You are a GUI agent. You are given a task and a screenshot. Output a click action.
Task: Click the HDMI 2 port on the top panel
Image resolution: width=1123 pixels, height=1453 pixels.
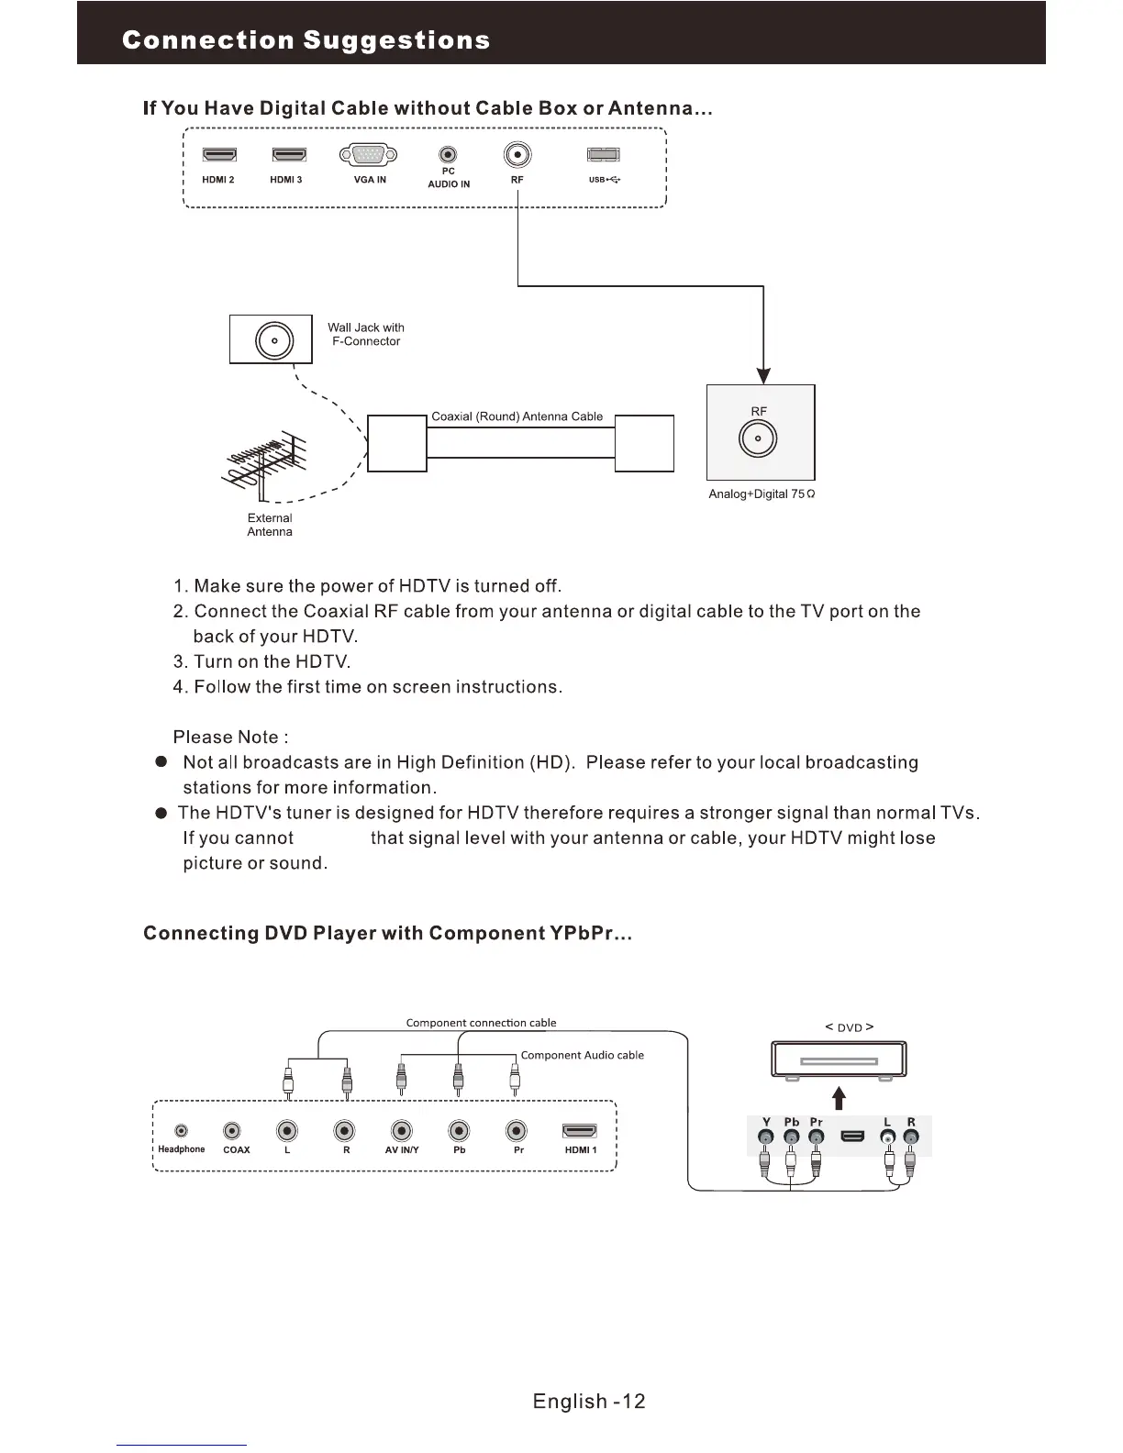(219, 155)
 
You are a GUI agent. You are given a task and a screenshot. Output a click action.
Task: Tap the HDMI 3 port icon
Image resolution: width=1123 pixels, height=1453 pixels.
(289, 155)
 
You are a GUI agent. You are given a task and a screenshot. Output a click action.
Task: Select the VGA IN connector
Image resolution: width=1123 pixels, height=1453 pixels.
(368, 154)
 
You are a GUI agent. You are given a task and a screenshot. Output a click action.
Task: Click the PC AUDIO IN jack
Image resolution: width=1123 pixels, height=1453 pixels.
(448, 155)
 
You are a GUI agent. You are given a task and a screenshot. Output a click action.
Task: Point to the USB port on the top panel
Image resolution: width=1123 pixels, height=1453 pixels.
(603, 155)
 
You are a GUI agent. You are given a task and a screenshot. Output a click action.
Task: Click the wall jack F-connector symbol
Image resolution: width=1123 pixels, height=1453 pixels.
(273, 340)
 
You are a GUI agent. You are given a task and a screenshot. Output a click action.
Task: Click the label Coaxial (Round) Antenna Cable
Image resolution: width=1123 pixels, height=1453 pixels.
(517, 416)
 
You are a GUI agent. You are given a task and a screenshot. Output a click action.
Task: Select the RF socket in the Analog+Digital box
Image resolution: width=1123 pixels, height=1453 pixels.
(758, 439)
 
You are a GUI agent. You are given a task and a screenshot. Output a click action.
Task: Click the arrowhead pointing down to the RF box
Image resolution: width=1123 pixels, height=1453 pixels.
(763, 376)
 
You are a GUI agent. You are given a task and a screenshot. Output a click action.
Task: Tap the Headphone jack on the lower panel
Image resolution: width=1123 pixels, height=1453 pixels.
(182, 1131)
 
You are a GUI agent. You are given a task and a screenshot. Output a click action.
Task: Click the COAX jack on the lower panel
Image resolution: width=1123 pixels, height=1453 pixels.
(234, 1131)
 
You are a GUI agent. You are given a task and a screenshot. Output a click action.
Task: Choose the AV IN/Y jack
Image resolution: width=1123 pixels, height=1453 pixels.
(401, 1131)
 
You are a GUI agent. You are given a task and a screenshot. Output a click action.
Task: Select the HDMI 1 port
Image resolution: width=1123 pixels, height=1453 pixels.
(580, 1131)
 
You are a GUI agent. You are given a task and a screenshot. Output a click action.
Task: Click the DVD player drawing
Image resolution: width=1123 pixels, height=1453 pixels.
(839, 1060)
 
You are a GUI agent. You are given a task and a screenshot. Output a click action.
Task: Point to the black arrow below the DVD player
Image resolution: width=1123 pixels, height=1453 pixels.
(838, 1098)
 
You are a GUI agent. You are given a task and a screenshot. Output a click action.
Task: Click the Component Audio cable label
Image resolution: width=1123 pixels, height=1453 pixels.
(582, 1055)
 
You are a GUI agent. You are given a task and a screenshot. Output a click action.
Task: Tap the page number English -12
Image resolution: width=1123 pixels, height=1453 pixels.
(589, 1401)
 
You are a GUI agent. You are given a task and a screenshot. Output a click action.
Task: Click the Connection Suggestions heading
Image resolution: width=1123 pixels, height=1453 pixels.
(306, 40)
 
